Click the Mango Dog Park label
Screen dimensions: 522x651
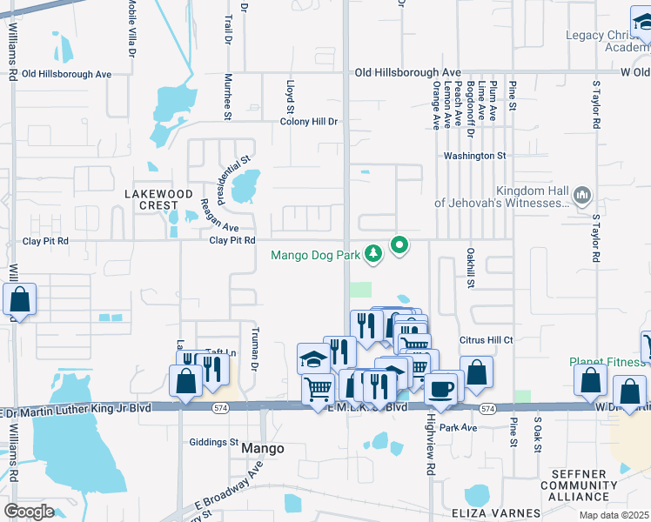315,256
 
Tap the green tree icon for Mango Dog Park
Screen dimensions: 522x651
373,253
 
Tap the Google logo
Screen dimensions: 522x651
29,511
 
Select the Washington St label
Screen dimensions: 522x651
474,156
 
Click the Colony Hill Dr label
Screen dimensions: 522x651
308,122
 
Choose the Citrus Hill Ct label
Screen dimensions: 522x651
488,340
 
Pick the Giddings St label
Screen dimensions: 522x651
213,442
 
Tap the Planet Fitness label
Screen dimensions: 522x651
609,362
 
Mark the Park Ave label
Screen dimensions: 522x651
458,427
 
